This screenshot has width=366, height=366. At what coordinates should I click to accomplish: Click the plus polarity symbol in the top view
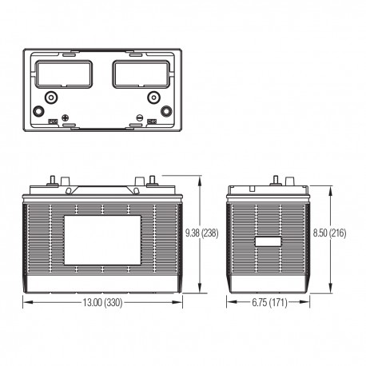coord(65,118)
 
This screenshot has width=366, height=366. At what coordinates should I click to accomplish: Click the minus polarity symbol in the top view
coord(140,117)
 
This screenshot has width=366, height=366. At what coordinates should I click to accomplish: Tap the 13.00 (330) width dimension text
coord(102,303)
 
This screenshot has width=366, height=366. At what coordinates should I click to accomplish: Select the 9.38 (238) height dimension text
coord(202,233)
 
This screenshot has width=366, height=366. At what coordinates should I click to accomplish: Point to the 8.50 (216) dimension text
coord(329,233)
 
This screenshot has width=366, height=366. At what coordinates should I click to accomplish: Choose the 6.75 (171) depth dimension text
coord(269,303)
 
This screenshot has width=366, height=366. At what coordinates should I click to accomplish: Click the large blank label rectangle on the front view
coord(102,241)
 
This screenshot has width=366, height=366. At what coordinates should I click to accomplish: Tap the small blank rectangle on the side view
coord(269,241)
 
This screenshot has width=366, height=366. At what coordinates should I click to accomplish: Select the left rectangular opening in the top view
coord(64,74)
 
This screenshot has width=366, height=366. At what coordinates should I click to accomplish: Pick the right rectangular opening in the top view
coord(141,74)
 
